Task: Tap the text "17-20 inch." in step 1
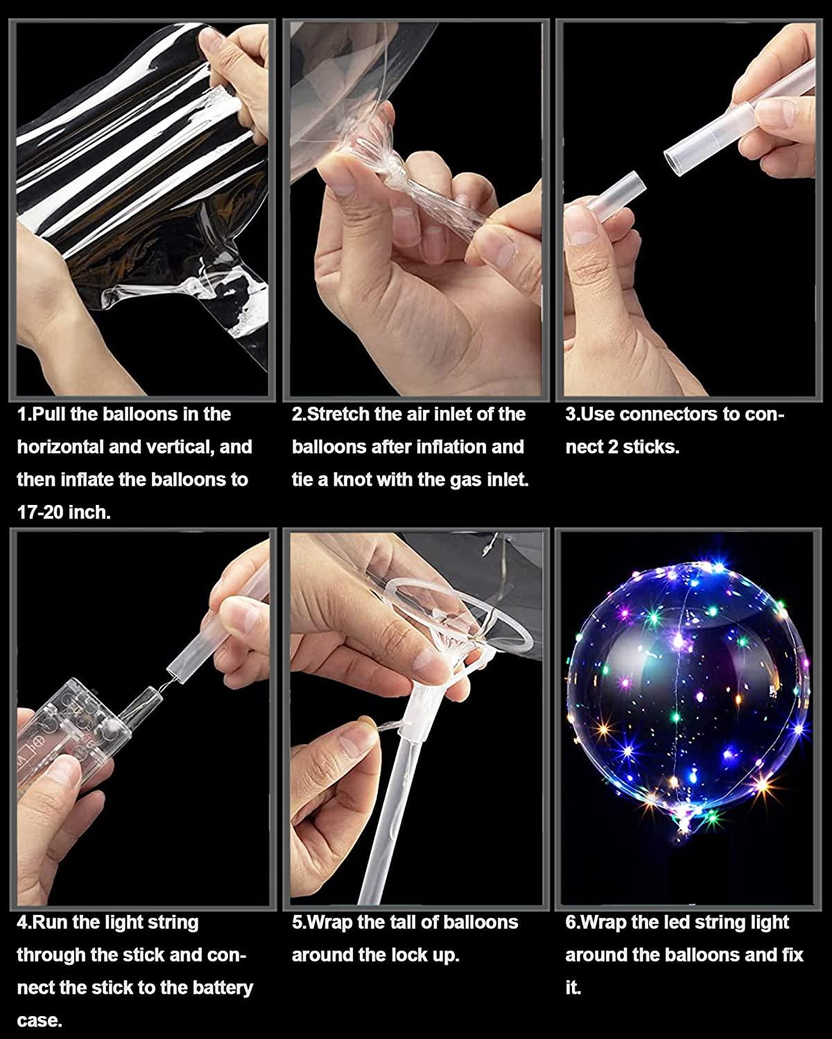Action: click(64, 513)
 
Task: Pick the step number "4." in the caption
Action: click(24, 922)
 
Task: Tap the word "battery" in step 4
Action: click(218, 987)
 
